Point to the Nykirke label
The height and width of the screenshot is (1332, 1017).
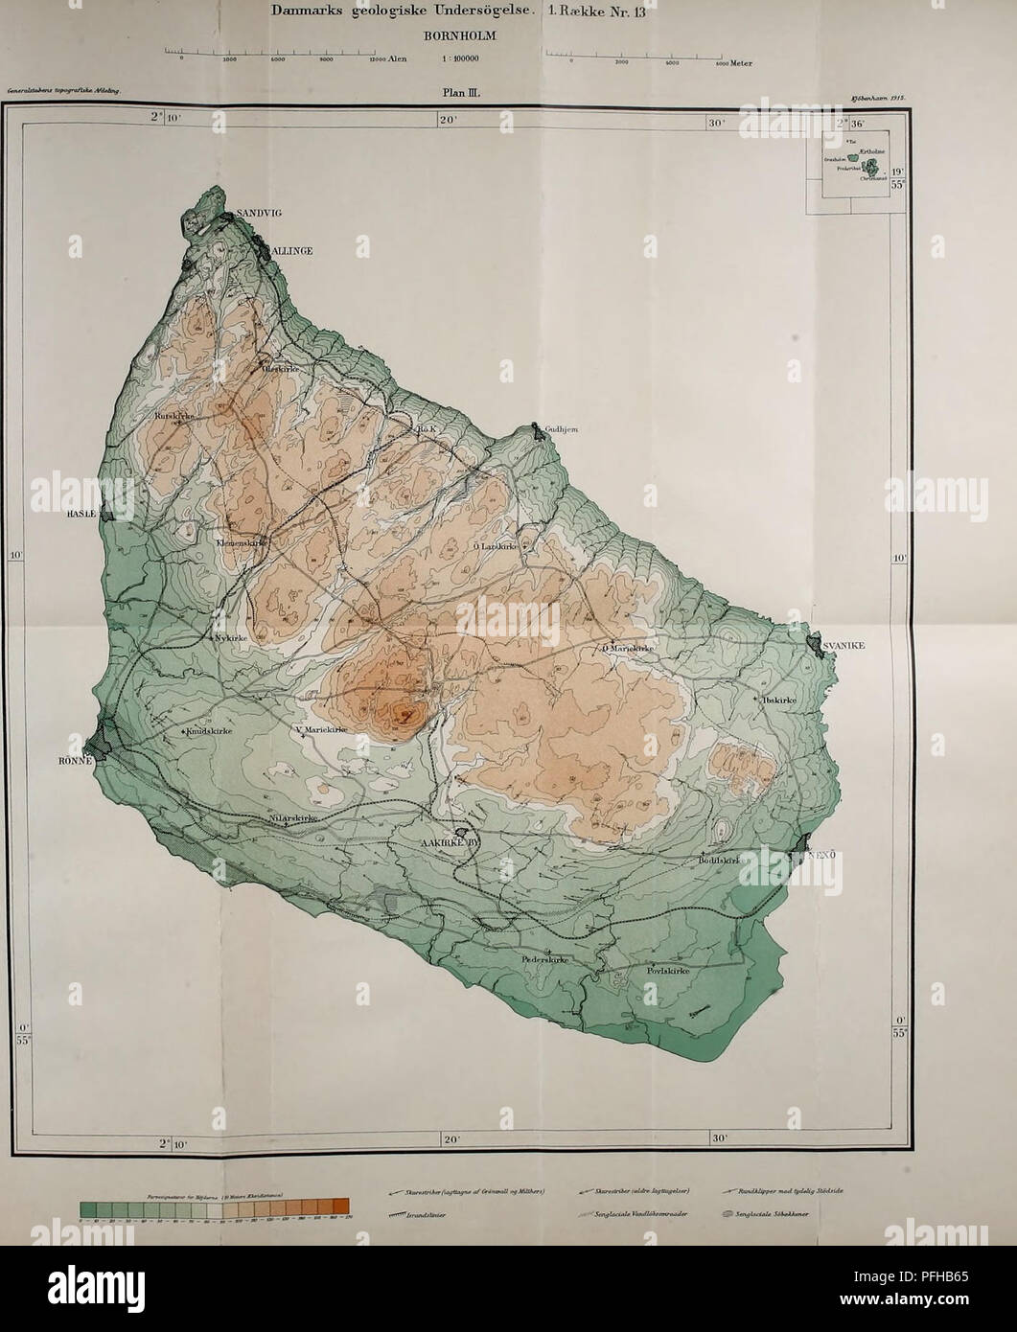click(230, 635)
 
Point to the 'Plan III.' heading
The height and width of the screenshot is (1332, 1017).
click(479, 94)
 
